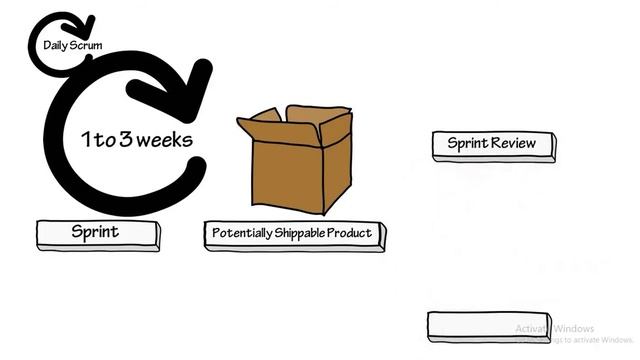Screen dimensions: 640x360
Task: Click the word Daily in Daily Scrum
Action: (x=54, y=45)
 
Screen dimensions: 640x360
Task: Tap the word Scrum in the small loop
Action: (x=86, y=45)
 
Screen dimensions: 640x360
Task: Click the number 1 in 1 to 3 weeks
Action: (x=86, y=139)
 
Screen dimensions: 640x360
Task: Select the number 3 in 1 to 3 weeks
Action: (x=125, y=139)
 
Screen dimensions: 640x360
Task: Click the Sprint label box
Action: (x=97, y=233)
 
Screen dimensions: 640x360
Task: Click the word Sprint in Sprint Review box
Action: (x=467, y=143)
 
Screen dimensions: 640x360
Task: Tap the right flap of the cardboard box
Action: (x=334, y=126)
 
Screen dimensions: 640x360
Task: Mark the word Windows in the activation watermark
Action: (x=574, y=329)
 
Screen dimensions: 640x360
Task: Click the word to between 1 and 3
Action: (x=105, y=140)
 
